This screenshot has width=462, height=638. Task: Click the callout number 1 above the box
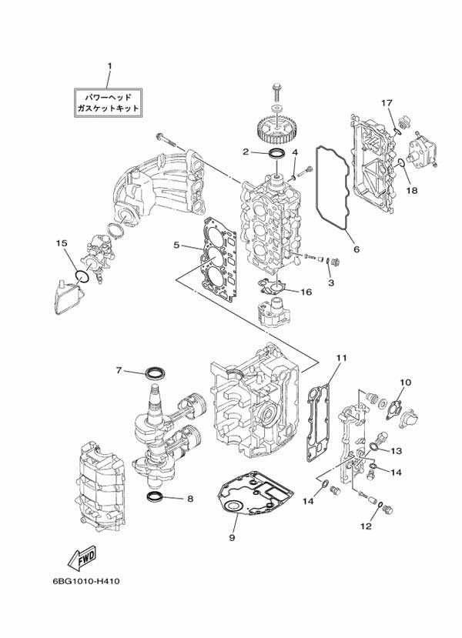coord(109,66)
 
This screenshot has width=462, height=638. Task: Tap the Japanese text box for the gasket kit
coord(108,102)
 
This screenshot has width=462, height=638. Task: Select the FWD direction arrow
coord(82,557)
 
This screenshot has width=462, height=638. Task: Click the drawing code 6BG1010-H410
coord(86,581)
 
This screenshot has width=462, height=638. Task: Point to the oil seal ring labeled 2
coord(276,154)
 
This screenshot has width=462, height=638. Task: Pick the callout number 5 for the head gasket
coord(176,245)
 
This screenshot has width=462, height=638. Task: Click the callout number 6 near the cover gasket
coord(357,249)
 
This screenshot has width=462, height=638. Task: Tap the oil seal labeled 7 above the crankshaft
coord(156,372)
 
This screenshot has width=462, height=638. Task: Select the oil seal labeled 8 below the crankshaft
coord(156,496)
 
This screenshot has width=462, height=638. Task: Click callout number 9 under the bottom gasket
coord(232,538)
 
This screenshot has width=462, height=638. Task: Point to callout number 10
coord(406,382)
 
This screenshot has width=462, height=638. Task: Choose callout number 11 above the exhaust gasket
coord(341,358)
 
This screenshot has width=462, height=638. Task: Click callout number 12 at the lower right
coord(366,526)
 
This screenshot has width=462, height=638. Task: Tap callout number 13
coord(396,451)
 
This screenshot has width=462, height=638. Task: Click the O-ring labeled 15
coord(82,277)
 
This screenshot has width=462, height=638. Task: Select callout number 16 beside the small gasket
coord(306,292)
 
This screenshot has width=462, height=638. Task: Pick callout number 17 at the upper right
coord(387,103)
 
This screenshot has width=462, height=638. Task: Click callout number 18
coord(412,190)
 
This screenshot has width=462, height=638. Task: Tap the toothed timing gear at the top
coord(276,130)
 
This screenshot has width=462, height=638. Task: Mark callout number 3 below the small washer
coord(330,282)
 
